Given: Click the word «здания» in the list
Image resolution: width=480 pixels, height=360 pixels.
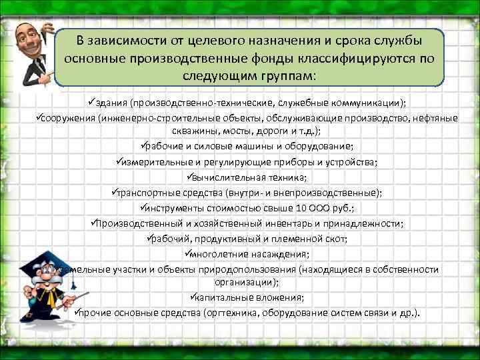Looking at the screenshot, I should (111, 103).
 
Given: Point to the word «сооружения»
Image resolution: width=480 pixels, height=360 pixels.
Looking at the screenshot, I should (68, 118).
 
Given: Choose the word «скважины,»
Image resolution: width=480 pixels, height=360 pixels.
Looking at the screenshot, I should (193, 131).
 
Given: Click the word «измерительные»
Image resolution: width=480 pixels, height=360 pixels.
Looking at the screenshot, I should (154, 162).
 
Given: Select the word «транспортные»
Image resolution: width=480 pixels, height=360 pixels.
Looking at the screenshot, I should (147, 193).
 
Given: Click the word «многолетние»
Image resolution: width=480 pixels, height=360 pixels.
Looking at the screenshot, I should (217, 254).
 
